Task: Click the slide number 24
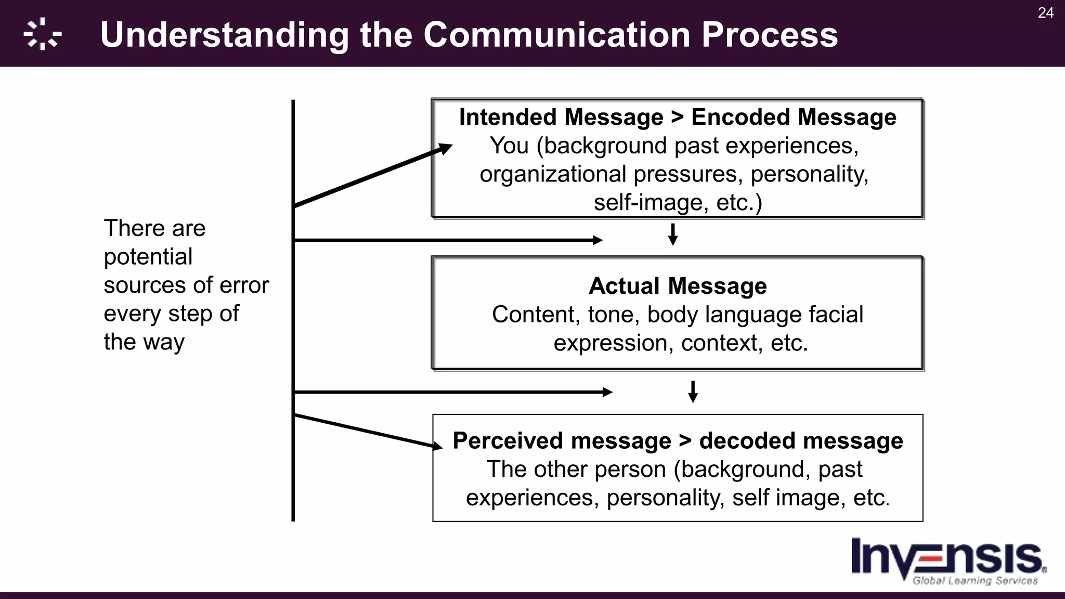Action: coord(1045,13)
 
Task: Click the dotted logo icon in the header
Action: coord(43,34)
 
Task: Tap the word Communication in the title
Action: coord(557,35)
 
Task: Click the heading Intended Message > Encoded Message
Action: coord(677,118)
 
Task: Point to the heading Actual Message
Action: coord(677,286)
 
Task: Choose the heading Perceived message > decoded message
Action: coord(677,441)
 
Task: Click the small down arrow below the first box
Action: coord(672,235)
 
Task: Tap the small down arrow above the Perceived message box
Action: coord(693,393)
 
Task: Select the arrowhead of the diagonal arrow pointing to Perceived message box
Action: coord(438,446)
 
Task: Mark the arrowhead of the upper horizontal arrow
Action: coord(598,240)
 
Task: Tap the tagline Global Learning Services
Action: coord(975,581)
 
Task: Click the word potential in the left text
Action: coord(148,257)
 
